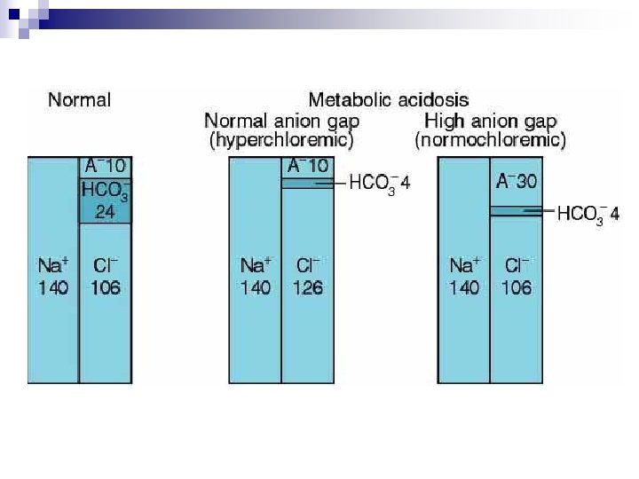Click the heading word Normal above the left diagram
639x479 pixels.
tap(80, 100)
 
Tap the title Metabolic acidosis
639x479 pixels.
tap(389, 100)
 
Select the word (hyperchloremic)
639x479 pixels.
tap(281, 140)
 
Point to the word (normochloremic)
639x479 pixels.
tap(490, 140)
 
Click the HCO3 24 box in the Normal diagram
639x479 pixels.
tap(105, 200)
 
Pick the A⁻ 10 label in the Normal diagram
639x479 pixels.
tap(106, 166)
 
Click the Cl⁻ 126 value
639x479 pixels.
tap(308, 277)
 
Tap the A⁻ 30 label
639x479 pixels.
tap(517, 181)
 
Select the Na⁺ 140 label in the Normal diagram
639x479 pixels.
tap(53, 277)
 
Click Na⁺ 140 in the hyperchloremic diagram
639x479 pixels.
tap(255, 277)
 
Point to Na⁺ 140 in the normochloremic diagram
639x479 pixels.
tap(464, 277)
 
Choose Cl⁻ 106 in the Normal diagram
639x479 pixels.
tap(106, 277)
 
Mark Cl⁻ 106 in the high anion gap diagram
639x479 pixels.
tap(517, 277)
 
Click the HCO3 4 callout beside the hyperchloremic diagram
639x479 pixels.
tap(380, 185)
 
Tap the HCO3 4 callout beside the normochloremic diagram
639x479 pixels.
tap(588, 215)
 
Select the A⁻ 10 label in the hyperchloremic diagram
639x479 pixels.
tap(308, 166)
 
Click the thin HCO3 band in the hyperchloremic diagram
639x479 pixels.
tap(308, 184)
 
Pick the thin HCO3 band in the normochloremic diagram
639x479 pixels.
tap(517, 210)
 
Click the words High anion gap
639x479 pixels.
tap(490, 122)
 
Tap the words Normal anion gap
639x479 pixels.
tap(281, 122)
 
